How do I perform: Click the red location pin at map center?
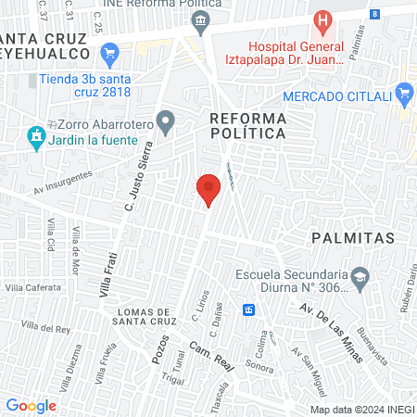click(x=208, y=189)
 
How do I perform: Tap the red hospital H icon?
click(x=322, y=20)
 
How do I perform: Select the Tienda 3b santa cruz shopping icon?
click(x=110, y=52)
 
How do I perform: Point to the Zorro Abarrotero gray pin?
click(x=166, y=120)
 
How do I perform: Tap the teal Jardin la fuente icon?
click(x=36, y=138)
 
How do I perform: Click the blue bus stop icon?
click(x=248, y=310)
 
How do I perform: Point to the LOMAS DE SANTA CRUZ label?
click(x=140, y=317)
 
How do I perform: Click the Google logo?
click(x=31, y=405)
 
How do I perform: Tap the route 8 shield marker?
click(x=374, y=14)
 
